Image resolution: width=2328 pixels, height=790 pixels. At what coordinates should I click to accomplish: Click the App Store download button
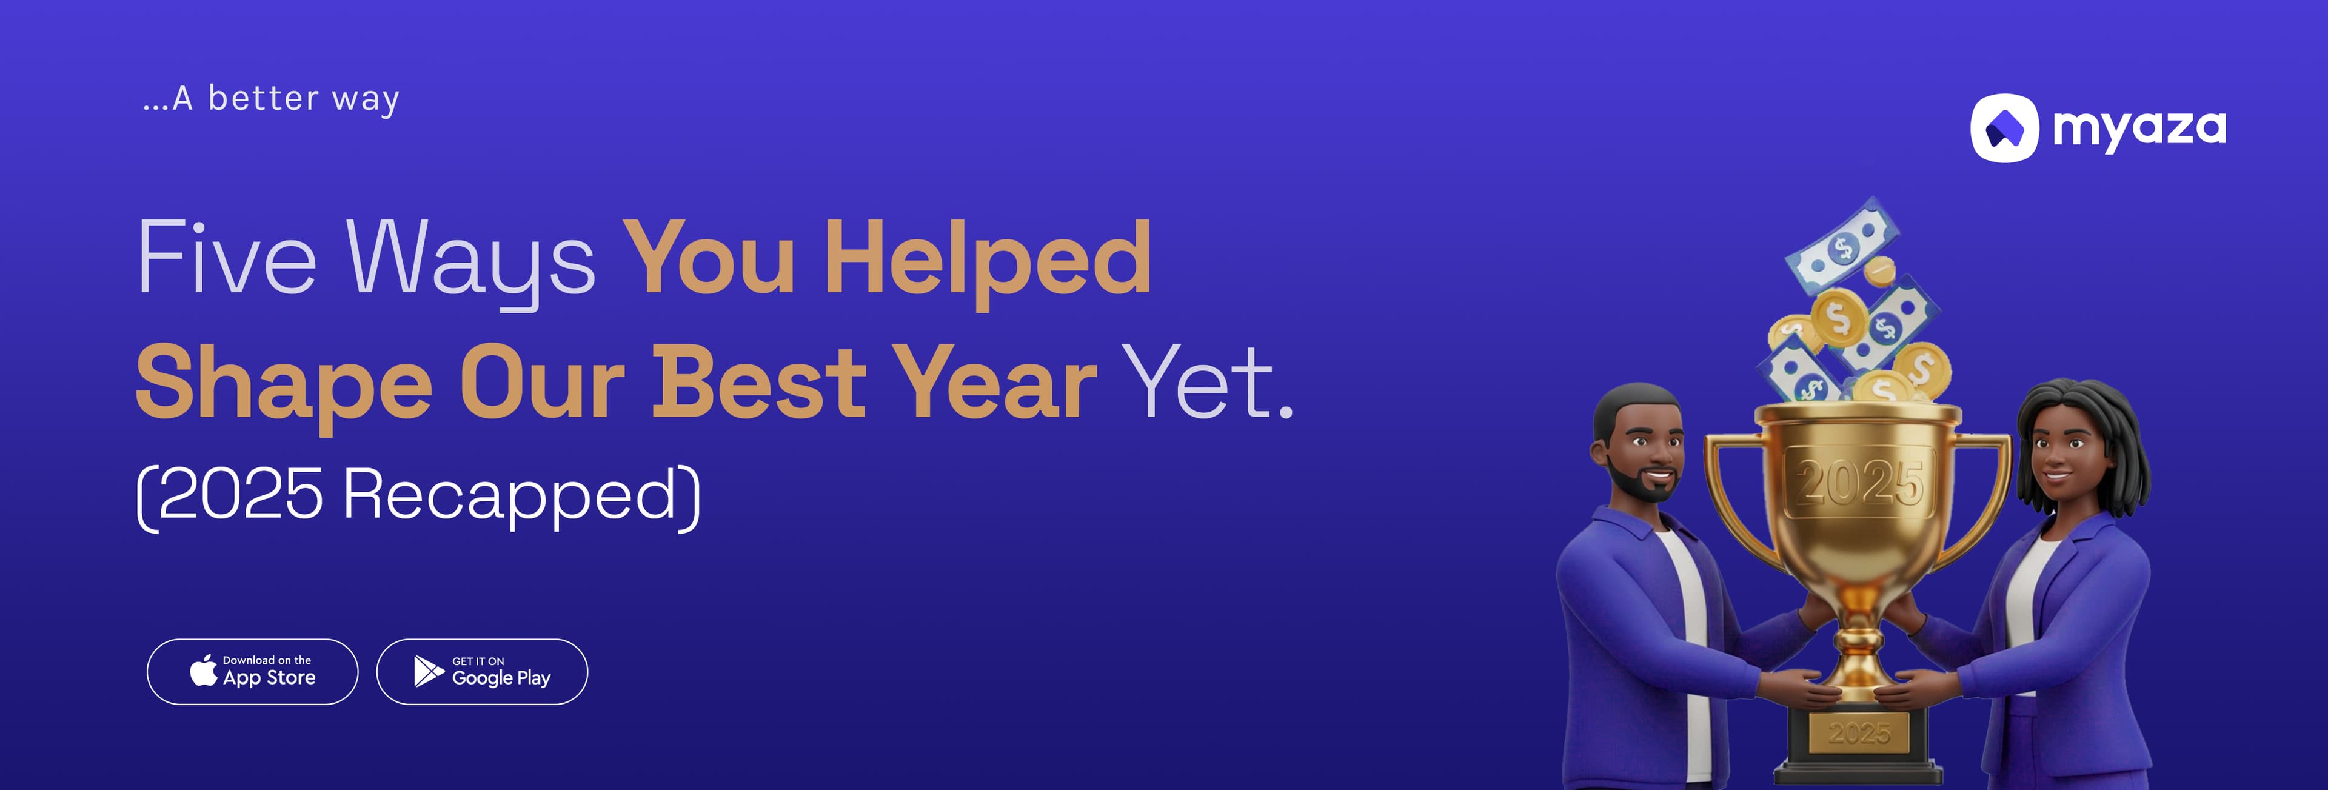(252, 672)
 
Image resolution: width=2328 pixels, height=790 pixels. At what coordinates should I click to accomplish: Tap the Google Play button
(482, 672)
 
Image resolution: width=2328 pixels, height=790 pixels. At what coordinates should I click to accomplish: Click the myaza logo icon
(2004, 129)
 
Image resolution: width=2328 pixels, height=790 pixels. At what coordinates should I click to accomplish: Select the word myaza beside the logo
(2138, 129)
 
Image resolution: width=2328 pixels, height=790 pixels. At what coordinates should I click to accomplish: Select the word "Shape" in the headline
(284, 384)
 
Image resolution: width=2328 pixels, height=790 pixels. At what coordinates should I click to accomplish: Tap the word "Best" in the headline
(759, 384)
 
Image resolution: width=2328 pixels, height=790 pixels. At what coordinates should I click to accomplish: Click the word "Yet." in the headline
(1206, 384)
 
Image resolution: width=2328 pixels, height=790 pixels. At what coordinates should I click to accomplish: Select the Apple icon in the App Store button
(203, 671)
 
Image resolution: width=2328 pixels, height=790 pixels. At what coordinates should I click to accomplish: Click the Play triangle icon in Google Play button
(427, 672)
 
